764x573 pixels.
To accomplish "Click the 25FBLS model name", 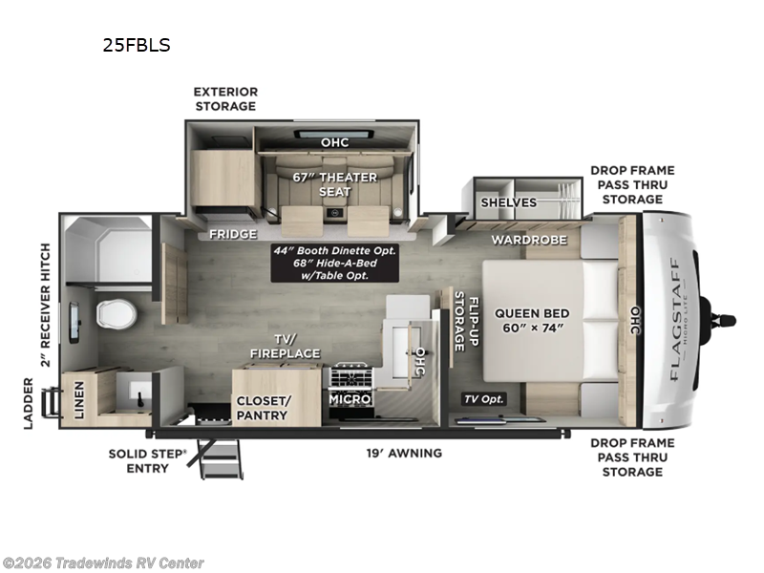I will tap(138, 44).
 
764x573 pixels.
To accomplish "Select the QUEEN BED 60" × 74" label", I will tap(532, 320).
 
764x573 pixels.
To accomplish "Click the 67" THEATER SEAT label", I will tap(334, 184).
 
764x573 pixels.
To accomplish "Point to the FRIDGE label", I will tap(233, 234).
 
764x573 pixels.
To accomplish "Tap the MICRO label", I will tap(350, 398).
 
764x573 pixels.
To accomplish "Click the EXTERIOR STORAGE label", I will tap(225, 98).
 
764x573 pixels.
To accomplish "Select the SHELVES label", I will tap(508, 202).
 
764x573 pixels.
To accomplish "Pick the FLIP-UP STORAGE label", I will tap(465, 322).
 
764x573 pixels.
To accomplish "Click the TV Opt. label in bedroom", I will tap(485, 398).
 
